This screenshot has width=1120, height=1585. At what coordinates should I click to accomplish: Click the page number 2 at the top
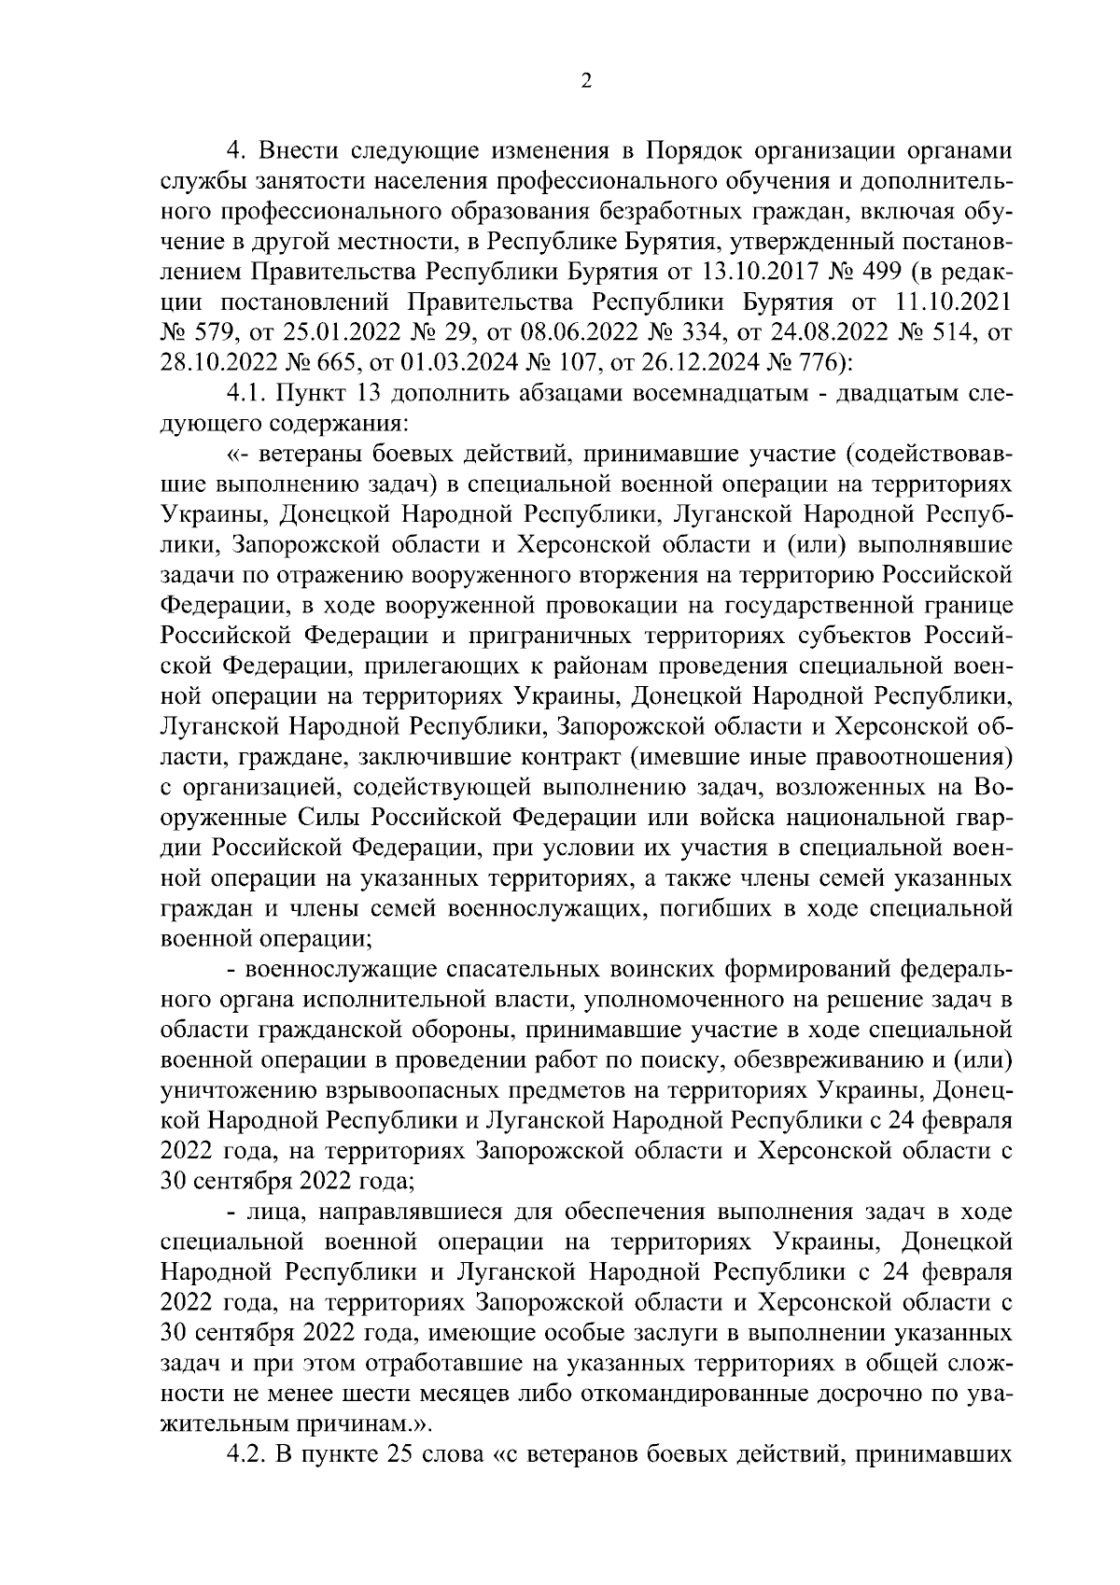coord(586,81)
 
